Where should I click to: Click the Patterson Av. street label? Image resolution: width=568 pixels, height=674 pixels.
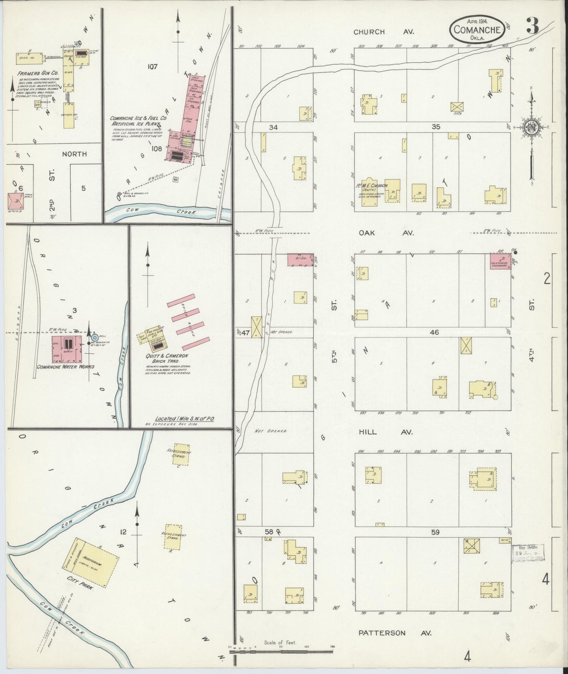(x=395, y=633)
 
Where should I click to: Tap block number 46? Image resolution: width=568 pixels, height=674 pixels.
(x=434, y=332)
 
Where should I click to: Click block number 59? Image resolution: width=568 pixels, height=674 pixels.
(x=435, y=532)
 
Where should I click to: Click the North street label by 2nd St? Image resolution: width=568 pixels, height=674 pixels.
(x=74, y=154)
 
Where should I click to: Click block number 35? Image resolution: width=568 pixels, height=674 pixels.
(x=435, y=127)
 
